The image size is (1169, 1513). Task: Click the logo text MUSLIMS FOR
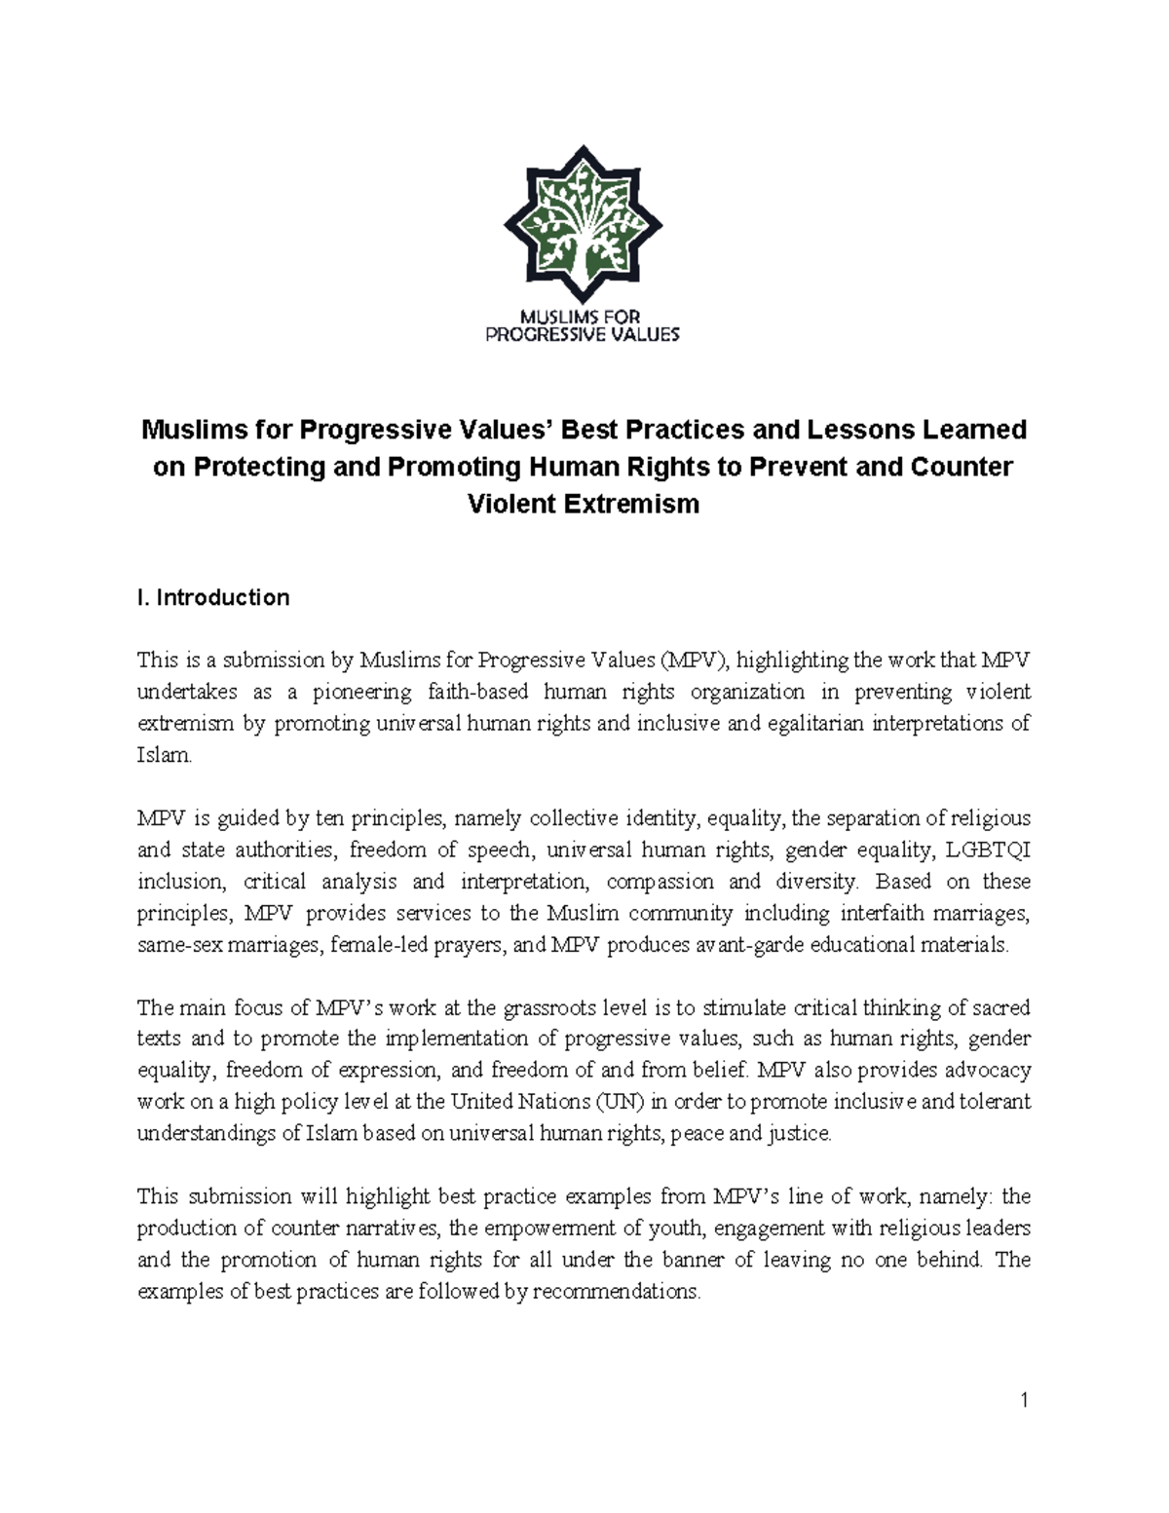[x=583, y=317]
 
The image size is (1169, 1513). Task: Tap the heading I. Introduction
[x=213, y=597]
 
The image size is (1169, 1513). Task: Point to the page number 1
[x=1024, y=1401]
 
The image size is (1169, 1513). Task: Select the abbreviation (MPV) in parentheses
[x=693, y=661]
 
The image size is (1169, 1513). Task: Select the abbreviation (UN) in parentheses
[x=619, y=1102]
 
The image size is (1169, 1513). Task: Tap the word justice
[x=801, y=1134]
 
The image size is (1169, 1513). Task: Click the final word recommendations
[x=617, y=1292]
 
